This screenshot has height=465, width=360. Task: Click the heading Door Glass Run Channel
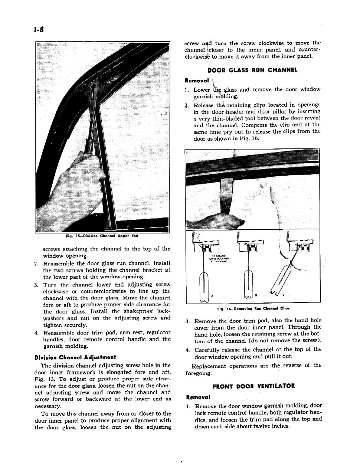pyautogui.click(x=253, y=70)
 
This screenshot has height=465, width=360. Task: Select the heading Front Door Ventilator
pyautogui.click(x=253, y=386)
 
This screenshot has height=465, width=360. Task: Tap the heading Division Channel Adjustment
pyautogui.click(x=75, y=357)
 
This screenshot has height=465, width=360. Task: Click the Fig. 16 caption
pyautogui.click(x=253, y=308)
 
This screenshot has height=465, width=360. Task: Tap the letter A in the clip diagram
pyautogui.click(x=212, y=295)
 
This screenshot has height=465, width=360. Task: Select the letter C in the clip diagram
pyautogui.click(x=283, y=295)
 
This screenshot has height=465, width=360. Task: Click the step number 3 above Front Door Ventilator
pyautogui.click(x=187, y=321)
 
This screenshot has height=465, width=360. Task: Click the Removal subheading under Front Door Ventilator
pyautogui.click(x=198, y=397)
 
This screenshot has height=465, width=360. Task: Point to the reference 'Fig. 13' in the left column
pyautogui.click(x=43, y=379)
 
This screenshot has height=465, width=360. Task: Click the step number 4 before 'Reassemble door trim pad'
pyautogui.click(x=36, y=332)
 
